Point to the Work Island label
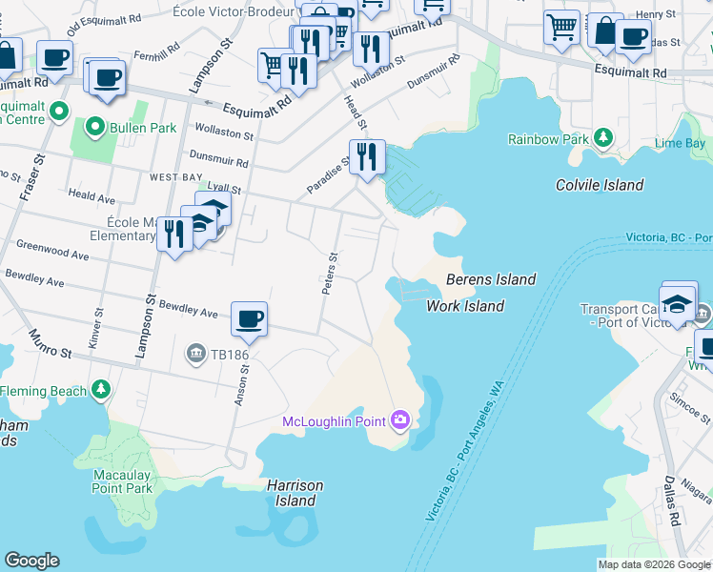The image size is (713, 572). pyautogui.click(x=464, y=306)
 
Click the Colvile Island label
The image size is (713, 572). pyautogui.click(x=600, y=185)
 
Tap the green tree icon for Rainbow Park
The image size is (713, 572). pyautogui.click(x=602, y=138)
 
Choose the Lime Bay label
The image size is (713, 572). pyautogui.click(x=680, y=143)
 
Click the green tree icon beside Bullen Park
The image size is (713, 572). pyautogui.click(x=96, y=126)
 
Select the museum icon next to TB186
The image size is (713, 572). pyautogui.click(x=196, y=355)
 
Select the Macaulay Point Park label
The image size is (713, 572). pyautogui.click(x=123, y=481)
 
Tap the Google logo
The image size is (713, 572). pyautogui.click(x=31, y=561)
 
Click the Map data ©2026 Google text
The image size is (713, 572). pyautogui.click(x=653, y=564)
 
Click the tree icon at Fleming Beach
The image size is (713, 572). pyautogui.click(x=100, y=390)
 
